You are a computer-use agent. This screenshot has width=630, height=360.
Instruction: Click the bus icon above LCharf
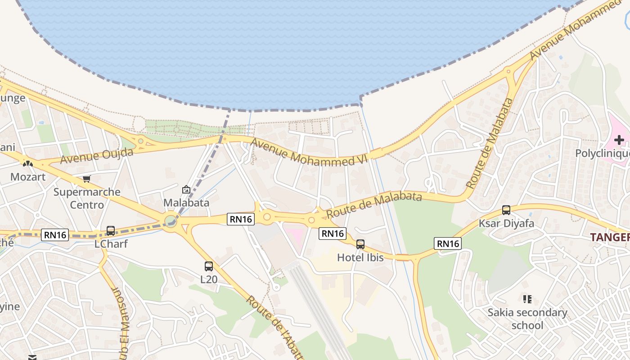click(x=111, y=231)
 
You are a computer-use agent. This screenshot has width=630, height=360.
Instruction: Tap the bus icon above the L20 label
click(x=209, y=266)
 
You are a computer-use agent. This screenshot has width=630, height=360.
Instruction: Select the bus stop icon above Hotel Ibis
click(x=360, y=244)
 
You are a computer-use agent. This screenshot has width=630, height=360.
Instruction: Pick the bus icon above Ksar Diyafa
click(x=506, y=210)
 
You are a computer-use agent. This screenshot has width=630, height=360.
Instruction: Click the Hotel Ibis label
click(x=360, y=257)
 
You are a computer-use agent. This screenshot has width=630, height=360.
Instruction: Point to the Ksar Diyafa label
click(x=506, y=223)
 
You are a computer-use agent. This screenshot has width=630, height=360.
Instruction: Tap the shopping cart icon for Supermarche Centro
click(x=87, y=179)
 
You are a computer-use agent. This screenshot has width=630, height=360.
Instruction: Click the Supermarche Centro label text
click(x=87, y=198)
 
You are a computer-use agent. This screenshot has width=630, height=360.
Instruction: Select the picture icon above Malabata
click(x=186, y=190)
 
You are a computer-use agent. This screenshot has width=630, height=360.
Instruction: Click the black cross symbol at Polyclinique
click(x=619, y=140)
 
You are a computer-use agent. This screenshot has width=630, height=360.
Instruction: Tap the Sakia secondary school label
click(x=527, y=319)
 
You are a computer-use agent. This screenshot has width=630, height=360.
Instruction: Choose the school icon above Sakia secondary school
click(x=527, y=299)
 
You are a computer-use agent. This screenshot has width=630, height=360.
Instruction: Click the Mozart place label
click(x=28, y=176)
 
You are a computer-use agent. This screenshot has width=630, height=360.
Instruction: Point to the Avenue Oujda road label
click(x=97, y=155)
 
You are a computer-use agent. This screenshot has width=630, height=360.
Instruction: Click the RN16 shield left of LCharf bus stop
click(x=55, y=234)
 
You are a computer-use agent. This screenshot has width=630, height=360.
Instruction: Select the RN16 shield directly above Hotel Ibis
click(x=333, y=233)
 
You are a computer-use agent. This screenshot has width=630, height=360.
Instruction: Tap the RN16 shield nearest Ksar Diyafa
click(x=448, y=243)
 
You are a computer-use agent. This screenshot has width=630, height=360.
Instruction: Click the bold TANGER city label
click(x=610, y=237)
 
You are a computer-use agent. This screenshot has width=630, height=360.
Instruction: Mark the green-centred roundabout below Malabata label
click(x=171, y=221)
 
